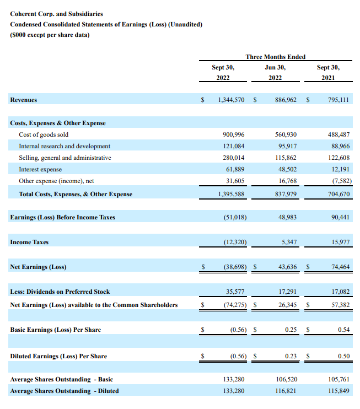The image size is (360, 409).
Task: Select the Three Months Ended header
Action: pos(275,57)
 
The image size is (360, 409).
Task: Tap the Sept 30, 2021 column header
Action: pos(328,72)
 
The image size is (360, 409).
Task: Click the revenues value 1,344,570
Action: pos(232,100)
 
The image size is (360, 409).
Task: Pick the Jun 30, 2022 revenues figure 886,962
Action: pos(286,100)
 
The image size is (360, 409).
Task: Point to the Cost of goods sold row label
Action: pos(44,134)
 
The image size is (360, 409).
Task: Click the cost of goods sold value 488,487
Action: pos(338,134)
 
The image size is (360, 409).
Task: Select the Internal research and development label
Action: pos(65,146)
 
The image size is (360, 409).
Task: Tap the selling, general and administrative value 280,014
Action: pos(233,158)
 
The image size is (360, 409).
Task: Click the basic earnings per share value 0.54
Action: pos(343,330)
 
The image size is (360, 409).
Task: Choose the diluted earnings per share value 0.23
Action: pos(290,356)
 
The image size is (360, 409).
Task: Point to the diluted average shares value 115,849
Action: pos(338,391)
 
